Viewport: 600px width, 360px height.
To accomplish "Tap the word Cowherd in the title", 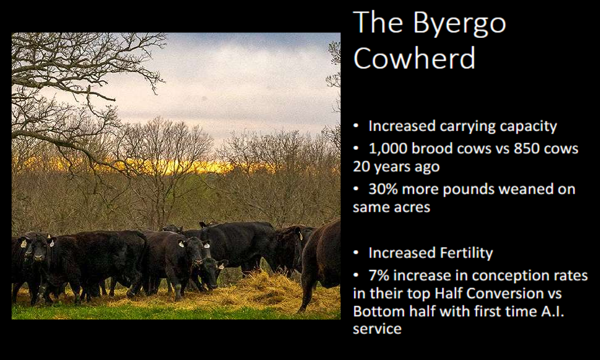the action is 414,58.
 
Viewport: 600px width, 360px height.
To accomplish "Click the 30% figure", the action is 383,189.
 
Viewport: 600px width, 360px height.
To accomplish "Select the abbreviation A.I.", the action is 553,311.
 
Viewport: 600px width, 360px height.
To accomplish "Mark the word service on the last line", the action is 377,329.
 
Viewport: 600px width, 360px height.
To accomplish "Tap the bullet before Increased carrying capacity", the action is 356,126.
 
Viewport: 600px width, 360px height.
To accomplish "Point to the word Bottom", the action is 376,311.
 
